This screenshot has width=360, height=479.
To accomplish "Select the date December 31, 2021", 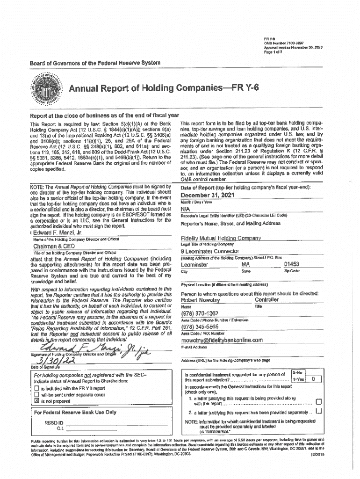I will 208,195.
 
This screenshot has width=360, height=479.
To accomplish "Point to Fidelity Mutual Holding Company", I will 221,239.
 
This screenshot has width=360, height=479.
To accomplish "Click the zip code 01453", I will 291,264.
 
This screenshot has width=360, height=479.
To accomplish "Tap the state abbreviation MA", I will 245,264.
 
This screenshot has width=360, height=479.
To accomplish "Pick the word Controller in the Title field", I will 266,300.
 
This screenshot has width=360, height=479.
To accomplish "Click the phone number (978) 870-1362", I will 200,313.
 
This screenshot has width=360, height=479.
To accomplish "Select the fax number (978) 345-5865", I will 200,327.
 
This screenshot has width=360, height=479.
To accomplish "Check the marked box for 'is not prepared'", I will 36,401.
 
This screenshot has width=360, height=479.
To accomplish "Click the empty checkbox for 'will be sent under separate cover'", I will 36,394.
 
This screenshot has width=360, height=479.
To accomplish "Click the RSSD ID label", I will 53,422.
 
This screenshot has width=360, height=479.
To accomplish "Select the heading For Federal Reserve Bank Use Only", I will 75,412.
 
